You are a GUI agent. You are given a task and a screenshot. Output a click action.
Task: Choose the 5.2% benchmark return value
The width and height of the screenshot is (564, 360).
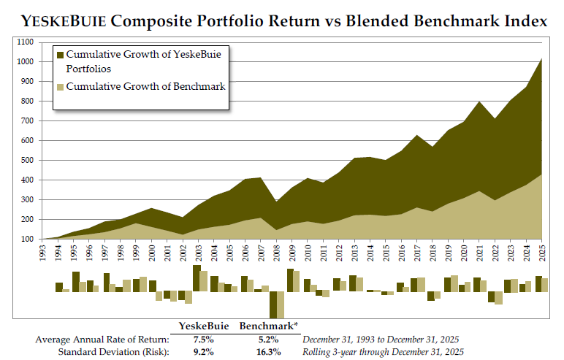(268, 339)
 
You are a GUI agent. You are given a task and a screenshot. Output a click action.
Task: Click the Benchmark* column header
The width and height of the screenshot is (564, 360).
(268, 326)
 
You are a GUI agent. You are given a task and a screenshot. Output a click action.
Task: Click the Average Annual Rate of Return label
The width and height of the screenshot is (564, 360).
(102, 339)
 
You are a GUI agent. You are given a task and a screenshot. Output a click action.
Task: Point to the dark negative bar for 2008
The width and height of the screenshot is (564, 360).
(273, 305)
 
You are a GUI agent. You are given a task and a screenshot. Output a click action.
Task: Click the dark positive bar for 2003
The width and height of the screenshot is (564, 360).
(197, 278)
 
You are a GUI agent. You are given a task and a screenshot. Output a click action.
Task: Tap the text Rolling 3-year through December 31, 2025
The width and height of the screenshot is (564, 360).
(384, 351)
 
